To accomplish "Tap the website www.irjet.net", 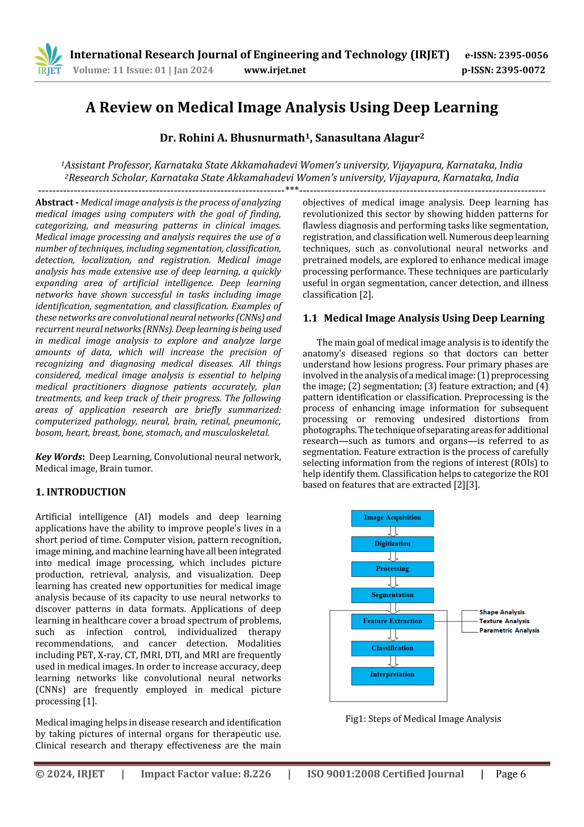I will coord(275,70).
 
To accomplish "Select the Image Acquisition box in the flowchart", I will coord(392,518).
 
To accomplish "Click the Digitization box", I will coord(392,544).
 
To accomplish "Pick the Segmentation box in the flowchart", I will coord(392,595).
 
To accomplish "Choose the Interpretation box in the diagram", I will coord(392,675).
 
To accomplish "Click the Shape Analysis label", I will coord(502,612).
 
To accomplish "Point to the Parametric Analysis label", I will coord(509,630).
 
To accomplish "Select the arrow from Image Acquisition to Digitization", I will coord(393,531).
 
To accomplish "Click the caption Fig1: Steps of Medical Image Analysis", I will coord(423,719).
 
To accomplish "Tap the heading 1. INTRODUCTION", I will coord(81,492).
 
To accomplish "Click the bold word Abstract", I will coord(54,202).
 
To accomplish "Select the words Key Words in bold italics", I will coord(59,457).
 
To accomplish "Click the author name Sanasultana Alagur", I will coord(369,138).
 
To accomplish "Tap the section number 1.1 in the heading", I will coord(310,318).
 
